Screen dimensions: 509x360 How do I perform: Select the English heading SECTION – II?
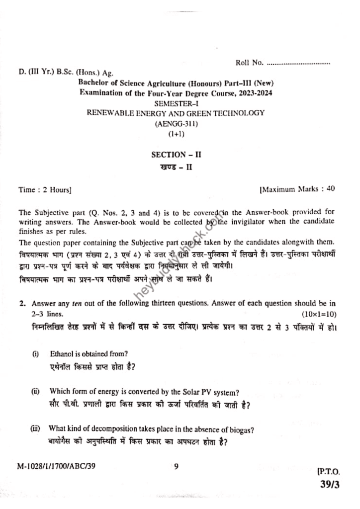(176, 155)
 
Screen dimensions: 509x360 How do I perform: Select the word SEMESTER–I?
(177, 103)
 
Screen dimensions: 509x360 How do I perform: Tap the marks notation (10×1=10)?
(319, 314)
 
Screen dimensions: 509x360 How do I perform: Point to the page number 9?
(176, 466)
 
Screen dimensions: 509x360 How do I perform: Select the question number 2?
(22, 303)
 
